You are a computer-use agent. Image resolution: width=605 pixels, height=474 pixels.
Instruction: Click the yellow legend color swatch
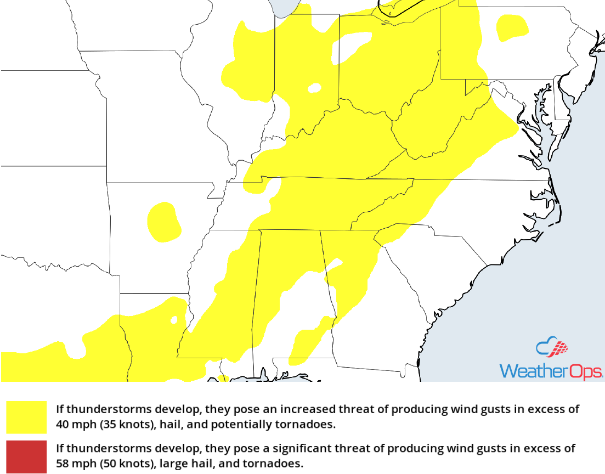[26, 417]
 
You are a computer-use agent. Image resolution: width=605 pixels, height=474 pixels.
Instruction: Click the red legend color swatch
[26, 456]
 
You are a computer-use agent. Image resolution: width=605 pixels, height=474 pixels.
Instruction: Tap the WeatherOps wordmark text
[551, 371]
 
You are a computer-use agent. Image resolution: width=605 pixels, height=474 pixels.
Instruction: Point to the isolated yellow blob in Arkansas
[163, 222]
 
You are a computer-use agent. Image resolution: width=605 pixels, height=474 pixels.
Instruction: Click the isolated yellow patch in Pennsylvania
[510, 27]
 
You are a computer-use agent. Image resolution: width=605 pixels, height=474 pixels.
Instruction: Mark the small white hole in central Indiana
[314, 88]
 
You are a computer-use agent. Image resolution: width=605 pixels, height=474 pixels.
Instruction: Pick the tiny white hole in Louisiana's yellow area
[174, 319]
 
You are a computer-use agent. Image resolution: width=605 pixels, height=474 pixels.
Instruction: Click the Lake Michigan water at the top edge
[283, 7]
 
